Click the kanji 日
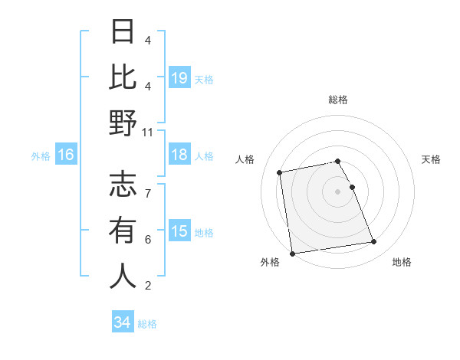click(123, 34)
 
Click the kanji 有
click(123, 230)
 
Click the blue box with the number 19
click(179, 78)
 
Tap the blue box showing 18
click(179, 155)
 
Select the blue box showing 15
click(179, 232)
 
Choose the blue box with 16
click(65, 155)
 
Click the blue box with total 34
click(122, 322)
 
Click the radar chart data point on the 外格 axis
click(292, 253)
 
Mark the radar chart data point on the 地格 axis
click(373, 242)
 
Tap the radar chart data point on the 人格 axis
click(281, 172)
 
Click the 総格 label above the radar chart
click(337, 100)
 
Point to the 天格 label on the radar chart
click(431, 159)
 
